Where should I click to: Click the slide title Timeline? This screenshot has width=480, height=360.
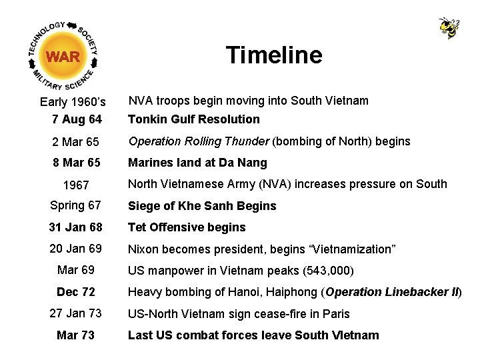tap(273, 55)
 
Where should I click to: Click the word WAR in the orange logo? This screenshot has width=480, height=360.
tap(63, 57)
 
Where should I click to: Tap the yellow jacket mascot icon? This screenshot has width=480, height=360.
tap(449, 28)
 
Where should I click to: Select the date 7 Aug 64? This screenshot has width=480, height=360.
tap(77, 120)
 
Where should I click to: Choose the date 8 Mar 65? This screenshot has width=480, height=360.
tap(76, 163)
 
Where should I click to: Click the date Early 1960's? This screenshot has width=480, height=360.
tap(73, 102)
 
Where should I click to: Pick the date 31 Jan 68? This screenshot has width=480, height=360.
tap(75, 227)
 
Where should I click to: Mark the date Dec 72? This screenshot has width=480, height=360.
tap(76, 292)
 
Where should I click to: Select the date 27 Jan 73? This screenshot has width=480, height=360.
tap(75, 314)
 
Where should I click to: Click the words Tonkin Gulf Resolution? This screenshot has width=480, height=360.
tap(194, 119)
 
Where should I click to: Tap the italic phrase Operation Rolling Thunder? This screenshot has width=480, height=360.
tap(199, 141)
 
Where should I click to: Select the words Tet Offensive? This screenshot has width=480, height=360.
tap(167, 227)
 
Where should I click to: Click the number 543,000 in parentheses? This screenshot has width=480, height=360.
tap(327, 271)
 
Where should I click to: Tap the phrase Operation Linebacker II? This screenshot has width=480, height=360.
tap(391, 292)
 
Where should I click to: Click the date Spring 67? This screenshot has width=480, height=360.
tap(75, 206)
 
